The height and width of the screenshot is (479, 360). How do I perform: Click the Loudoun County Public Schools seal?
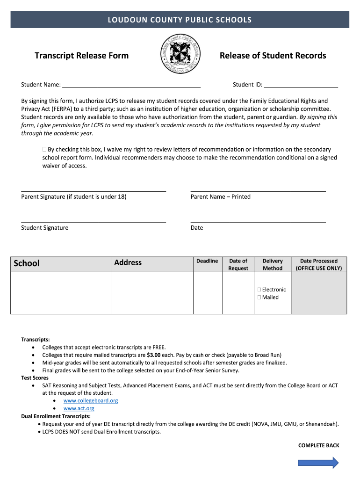(180, 55)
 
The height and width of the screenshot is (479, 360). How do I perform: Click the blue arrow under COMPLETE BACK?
(318, 463)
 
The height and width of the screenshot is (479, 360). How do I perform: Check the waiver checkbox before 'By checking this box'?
(44, 149)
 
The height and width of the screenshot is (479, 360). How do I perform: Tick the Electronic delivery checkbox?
(259, 290)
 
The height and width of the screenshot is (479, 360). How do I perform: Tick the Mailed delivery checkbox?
(259, 297)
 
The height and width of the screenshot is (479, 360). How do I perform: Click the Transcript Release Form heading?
(81, 56)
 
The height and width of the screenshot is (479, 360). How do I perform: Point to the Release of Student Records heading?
(273, 56)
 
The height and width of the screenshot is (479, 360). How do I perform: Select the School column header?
(27, 263)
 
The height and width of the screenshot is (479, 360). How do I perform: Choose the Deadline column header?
(207, 261)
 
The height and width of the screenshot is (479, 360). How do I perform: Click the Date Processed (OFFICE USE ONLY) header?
(318, 264)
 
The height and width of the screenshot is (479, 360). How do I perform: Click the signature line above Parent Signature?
(94, 191)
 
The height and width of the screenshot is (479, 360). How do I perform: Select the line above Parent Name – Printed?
(258, 191)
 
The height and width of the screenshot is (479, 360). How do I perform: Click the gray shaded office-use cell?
(319, 293)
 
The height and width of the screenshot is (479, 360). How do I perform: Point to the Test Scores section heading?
(35, 378)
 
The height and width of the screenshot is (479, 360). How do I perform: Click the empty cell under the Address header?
(152, 293)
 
